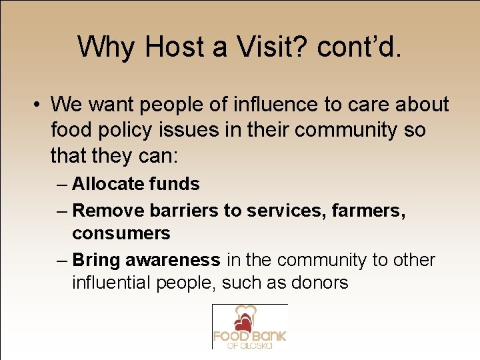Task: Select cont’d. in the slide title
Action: click(360, 47)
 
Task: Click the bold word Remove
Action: click(108, 211)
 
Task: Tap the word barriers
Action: click(184, 211)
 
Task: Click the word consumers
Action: click(121, 233)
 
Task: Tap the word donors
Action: click(320, 283)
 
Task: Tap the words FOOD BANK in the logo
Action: click(249, 335)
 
